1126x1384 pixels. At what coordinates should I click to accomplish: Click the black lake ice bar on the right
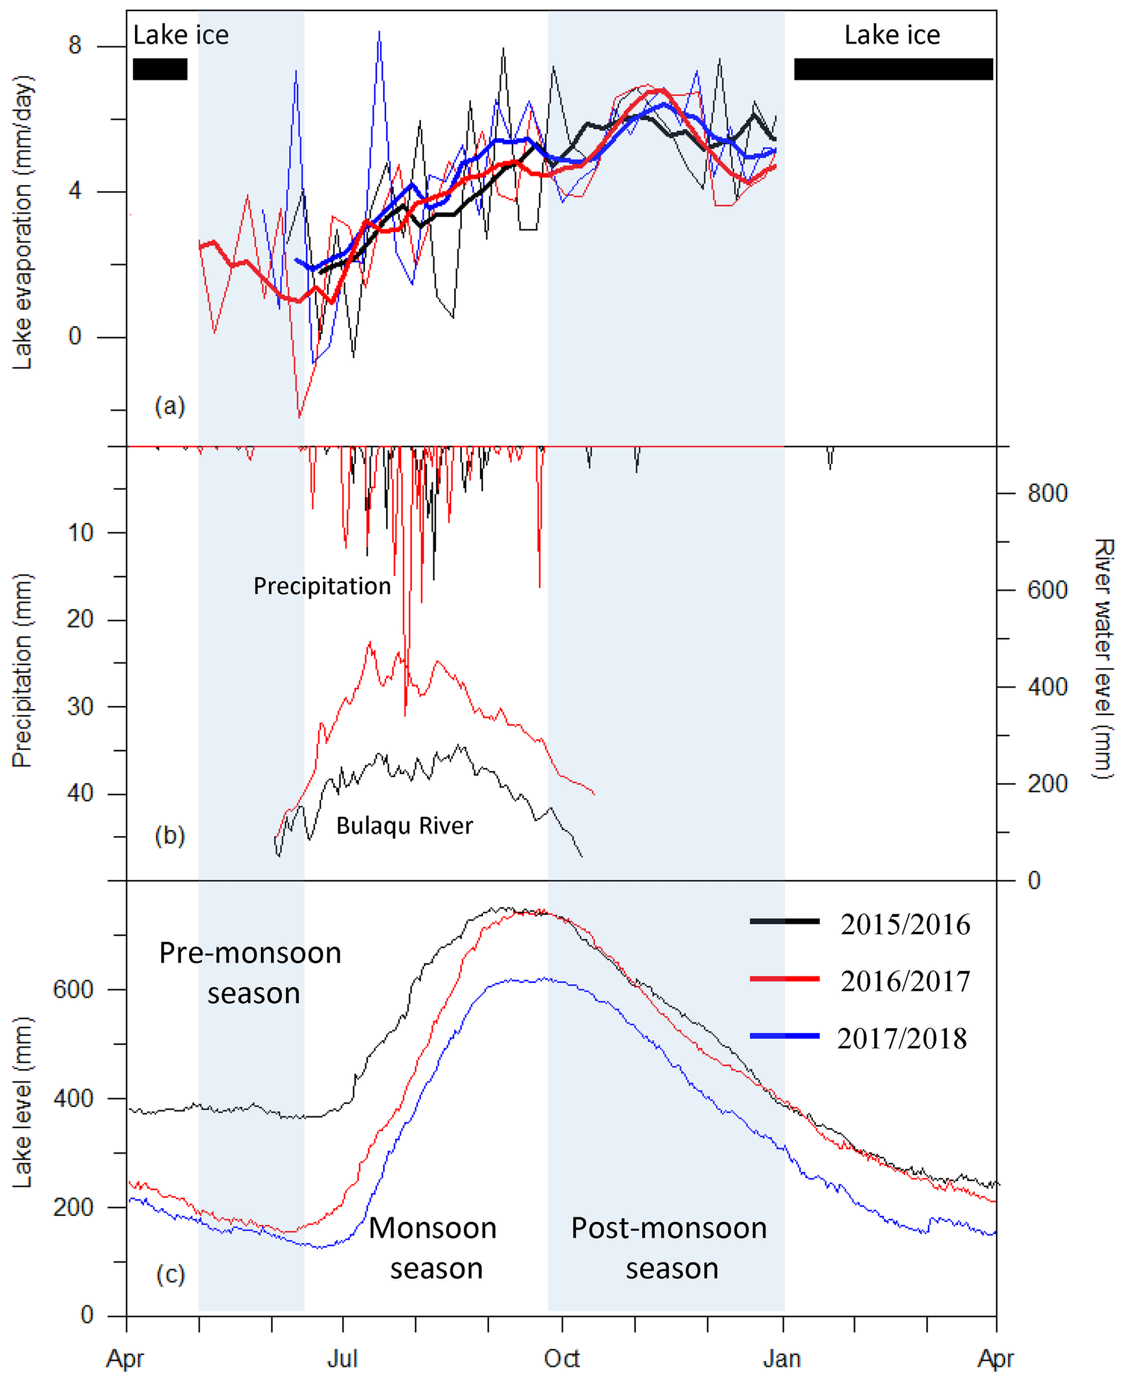click(x=893, y=69)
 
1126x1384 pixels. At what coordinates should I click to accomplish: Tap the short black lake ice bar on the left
click(x=160, y=69)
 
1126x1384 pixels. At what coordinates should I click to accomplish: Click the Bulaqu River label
click(x=404, y=826)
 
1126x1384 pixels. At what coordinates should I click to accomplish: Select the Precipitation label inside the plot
click(x=322, y=586)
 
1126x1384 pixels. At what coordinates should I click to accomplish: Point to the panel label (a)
click(x=170, y=406)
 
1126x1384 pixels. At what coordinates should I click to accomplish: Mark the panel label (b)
click(x=170, y=836)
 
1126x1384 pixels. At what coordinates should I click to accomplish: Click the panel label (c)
click(x=171, y=1275)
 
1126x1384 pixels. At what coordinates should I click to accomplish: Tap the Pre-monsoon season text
click(x=251, y=973)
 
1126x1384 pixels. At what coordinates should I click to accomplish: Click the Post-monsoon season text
click(x=669, y=1248)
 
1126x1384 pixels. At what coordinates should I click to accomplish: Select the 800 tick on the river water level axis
click(x=1047, y=493)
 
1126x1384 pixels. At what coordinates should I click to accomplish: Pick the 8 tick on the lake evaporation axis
click(x=75, y=45)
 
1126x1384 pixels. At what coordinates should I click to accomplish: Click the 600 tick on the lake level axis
click(x=72, y=990)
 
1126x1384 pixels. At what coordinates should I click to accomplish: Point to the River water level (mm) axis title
click(x=1103, y=659)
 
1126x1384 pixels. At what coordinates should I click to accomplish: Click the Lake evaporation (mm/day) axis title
click(x=23, y=222)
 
